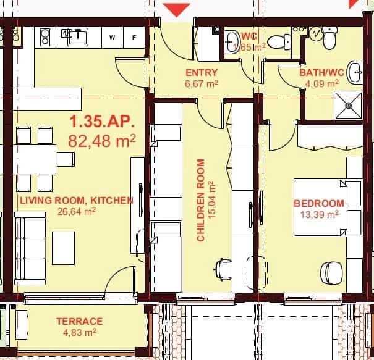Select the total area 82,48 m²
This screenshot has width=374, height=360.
pyautogui.click(x=102, y=140)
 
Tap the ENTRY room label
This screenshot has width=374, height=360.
pyautogui.click(x=201, y=72)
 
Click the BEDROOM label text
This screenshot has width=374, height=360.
pyautogui.click(x=318, y=203)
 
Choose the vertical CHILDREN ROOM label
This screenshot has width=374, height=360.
pyautogui.click(x=201, y=200)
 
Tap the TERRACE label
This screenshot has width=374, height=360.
pyautogui.click(x=79, y=321)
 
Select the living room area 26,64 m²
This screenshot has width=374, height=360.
pyautogui.click(x=77, y=211)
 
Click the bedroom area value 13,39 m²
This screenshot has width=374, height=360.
pyautogui.click(x=318, y=214)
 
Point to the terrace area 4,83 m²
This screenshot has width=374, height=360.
pyautogui.click(x=79, y=332)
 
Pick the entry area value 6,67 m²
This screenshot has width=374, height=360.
pyautogui.click(x=201, y=83)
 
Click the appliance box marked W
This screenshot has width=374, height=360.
pyautogui.click(x=112, y=37)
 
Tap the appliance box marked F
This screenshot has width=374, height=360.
pyautogui.click(x=134, y=37)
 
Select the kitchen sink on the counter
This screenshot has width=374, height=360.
pyautogui.click(x=79, y=36)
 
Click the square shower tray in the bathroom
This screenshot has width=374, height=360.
pyautogui.click(x=349, y=104)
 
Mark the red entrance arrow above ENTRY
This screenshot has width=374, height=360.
pyautogui.click(x=179, y=9)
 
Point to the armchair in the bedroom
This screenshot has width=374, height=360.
pyautogui.click(x=332, y=272)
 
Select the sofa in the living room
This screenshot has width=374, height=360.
pyautogui.click(x=30, y=247)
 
